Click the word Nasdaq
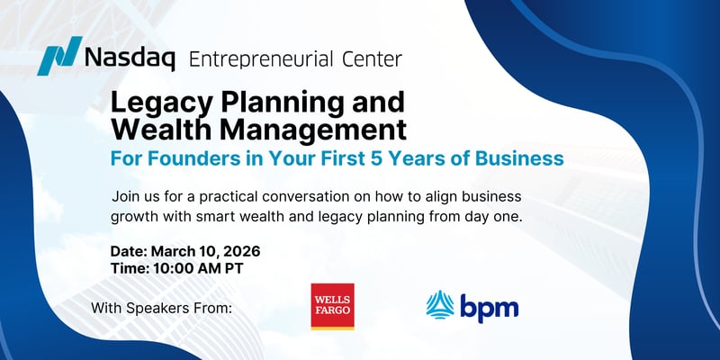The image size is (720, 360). tap(128, 60)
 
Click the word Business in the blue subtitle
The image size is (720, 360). tap(527, 157)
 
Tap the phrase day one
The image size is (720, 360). tap(500, 217)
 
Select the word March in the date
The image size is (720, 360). tap(175, 251)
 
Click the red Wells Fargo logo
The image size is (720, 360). tap(332, 307)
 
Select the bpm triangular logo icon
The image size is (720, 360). tap(440, 307)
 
